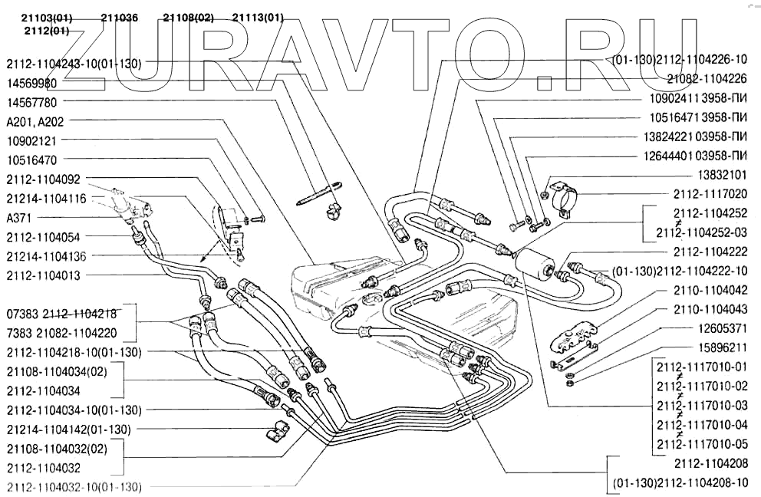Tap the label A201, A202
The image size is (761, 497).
tap(35, 121)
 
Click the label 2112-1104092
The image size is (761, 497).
tap(42, 179)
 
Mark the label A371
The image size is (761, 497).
tap(19, 217)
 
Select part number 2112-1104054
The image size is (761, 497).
tap(42, 236)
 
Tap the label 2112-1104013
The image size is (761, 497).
tap(42, 275)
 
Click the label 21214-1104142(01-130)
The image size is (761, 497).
tap(68, 429)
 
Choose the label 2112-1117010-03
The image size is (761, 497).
tap(703, 404)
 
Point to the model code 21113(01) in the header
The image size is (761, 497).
tap(258, 17)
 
